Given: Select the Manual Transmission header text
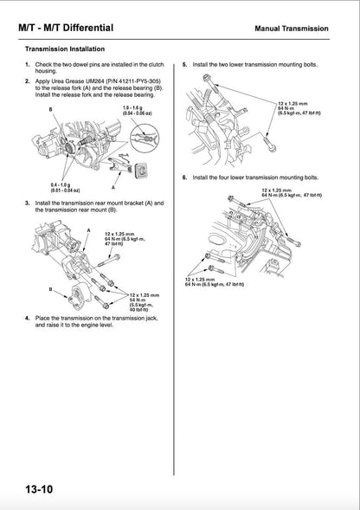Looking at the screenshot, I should [292, 29].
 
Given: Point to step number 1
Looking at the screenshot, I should [28, 66].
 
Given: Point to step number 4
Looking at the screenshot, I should [28, 318].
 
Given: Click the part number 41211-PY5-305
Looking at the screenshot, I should [126, 81].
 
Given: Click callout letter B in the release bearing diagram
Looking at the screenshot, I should [50, 109].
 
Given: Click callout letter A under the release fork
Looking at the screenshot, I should [112, 186].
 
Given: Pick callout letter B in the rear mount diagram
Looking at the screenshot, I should [50, 288].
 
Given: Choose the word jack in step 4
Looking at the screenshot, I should [151, 319].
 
